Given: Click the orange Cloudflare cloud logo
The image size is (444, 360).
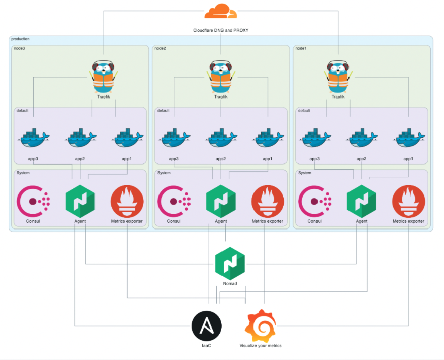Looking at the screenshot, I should click(221, 11).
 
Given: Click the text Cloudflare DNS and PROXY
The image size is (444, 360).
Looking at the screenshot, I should click(221, 30).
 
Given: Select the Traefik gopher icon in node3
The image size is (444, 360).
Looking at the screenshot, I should click(104, 76).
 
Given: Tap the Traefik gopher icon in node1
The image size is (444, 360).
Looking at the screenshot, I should click(338, 76).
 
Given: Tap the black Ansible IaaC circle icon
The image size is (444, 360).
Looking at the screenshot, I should click(206, 325).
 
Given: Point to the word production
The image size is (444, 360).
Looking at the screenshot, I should click(21, 39).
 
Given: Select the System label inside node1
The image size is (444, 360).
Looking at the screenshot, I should click(305, 173).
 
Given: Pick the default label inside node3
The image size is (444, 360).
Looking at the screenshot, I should click(23, 110).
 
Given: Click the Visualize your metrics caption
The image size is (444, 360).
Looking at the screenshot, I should click(261, 346).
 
